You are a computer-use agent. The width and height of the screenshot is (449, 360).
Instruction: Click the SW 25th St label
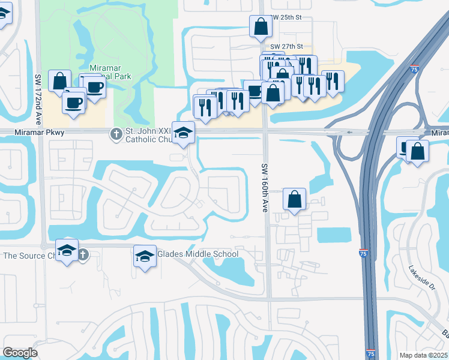point(285,18)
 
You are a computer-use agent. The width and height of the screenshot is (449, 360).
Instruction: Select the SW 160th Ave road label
point(264,188)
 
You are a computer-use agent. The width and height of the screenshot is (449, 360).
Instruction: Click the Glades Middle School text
point(197,254)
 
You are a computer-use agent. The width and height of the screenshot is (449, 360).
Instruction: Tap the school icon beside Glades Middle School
point(144,257)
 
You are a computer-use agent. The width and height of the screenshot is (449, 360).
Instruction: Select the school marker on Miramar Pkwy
point(183,133)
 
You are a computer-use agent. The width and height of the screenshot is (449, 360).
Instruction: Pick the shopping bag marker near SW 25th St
point(261,26)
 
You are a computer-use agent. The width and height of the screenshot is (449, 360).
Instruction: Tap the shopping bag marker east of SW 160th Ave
point(294,199)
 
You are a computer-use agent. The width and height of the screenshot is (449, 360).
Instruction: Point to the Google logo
point(20,353)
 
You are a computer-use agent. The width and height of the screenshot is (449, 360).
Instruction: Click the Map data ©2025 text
point(423,355)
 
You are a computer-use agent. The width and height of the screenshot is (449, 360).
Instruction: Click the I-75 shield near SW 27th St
point(415,70)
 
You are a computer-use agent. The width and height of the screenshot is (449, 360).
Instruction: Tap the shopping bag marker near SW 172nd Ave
point(59,81)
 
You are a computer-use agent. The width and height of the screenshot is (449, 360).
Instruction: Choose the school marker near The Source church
point(67,250)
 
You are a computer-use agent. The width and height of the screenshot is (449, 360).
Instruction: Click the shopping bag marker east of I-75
point(417,150)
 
